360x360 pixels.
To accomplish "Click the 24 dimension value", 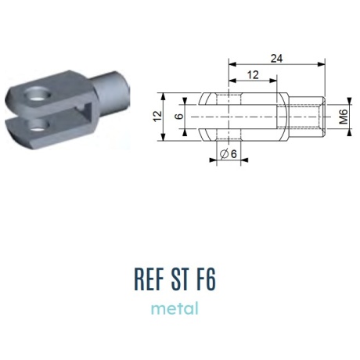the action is pyautogui.click(x=276, y=59).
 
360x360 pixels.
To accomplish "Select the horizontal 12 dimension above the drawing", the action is pyautogui.click(x=253, y=75).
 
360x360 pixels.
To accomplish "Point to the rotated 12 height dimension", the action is pyautogui.click(x=157, y=117).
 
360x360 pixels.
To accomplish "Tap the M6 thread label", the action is pyautogui.click(x=344, y=117).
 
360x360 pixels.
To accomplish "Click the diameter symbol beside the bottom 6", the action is pyautogui.click(x=224, y=153).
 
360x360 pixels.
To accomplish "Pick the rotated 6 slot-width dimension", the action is pyautogui.click(x=179, y=117).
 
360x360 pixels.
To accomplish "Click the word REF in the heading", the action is pyautogui.click(x=149, y=279).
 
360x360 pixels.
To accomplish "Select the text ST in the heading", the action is pyautogui.click(x=180, y=279).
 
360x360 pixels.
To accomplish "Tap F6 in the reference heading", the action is pyautogui.click(x=206, y=279).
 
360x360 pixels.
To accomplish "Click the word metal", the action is pyautogui.click(x=175, y=308).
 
